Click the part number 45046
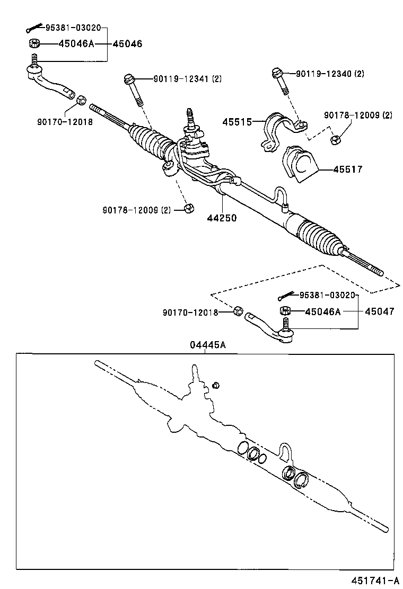127,44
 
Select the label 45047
379,311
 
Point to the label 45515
236,121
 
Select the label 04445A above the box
208,345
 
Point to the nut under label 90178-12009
335,140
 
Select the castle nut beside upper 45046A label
33,44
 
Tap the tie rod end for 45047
270,327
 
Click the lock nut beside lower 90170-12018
239,310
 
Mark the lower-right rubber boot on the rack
320,237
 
